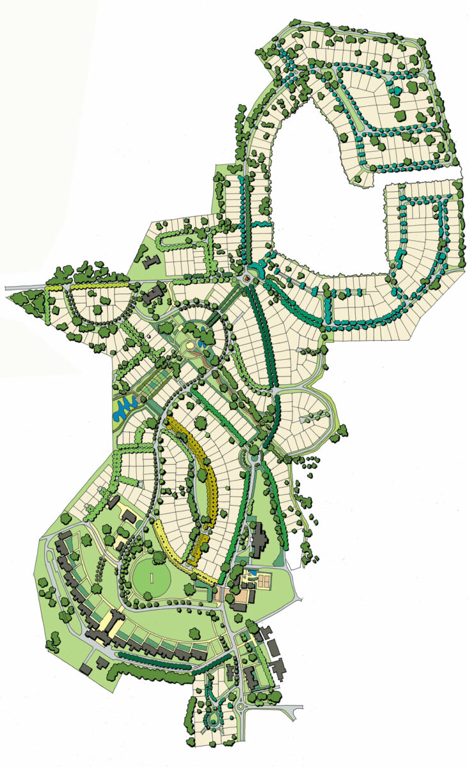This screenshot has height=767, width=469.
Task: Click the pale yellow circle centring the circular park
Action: point(191,347)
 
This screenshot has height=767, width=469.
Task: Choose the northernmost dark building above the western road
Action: point(151,261)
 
